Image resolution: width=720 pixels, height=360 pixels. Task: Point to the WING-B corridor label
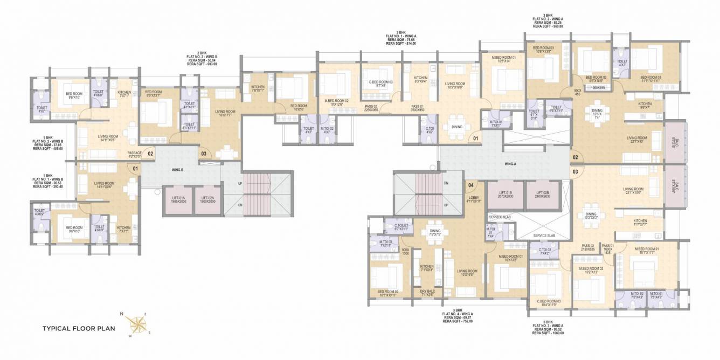pos(178,170)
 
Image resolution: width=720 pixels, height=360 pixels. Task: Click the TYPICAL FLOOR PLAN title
pos(77,328)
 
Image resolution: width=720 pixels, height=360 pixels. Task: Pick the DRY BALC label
pos(427,293)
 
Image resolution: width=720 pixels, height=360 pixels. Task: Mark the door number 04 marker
pos(470,185)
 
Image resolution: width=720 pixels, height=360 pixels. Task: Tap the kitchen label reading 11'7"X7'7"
pos(640,223)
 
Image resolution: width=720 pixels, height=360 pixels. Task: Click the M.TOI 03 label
pos(386,244)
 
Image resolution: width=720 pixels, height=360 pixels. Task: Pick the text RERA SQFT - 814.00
pos(400,43)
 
